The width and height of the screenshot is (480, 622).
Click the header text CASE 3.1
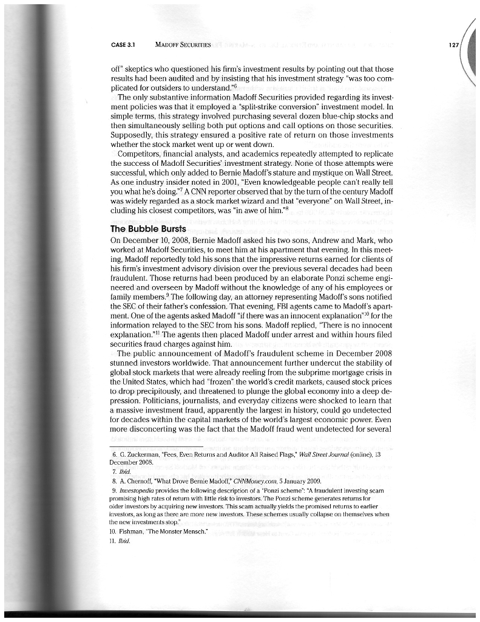click(x=123, y=46)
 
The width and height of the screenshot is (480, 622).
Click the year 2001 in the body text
click(x=214, y=173)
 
